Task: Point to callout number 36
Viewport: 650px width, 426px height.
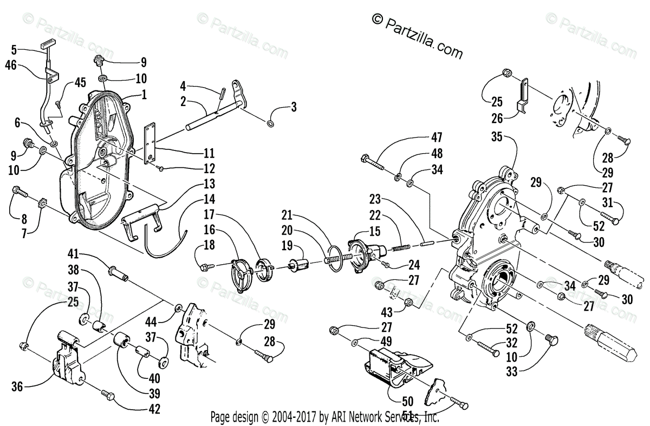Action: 17,386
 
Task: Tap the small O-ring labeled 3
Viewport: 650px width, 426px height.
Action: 270,124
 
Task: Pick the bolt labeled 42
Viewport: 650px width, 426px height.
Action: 107,396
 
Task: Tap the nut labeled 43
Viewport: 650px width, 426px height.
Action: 409,302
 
